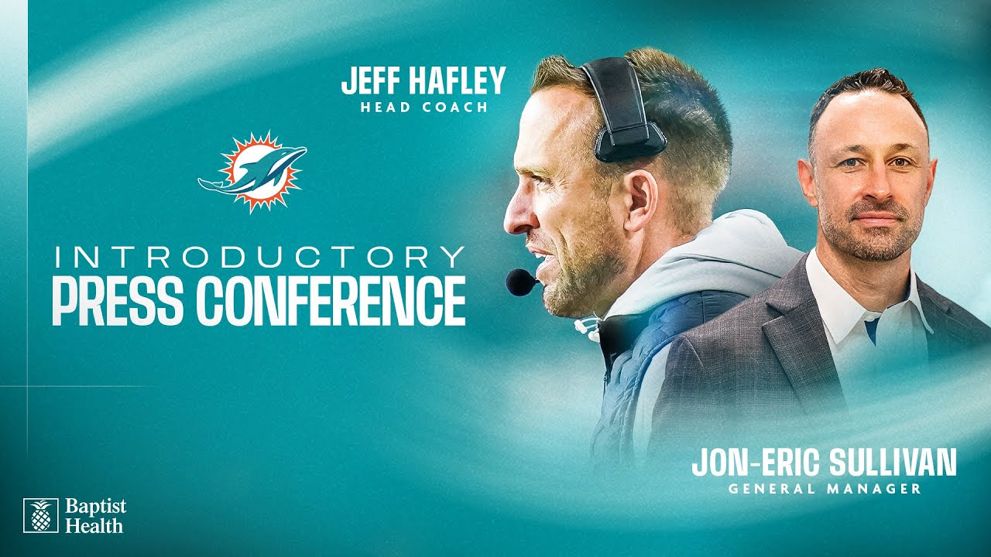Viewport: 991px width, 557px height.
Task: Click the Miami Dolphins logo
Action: coord(252,172)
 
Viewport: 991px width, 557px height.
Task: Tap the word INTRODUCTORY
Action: coord(259,258)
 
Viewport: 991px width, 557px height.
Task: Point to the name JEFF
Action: coord(370,81)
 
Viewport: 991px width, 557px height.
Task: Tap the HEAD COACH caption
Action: coord(424,108)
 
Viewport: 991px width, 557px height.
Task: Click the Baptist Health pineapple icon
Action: coord(40,515)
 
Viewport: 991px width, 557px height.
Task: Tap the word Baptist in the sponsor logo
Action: coord(95,507)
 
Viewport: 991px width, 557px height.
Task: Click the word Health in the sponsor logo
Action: coord(93,525)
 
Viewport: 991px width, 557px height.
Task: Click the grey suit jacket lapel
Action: coord(790,325)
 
